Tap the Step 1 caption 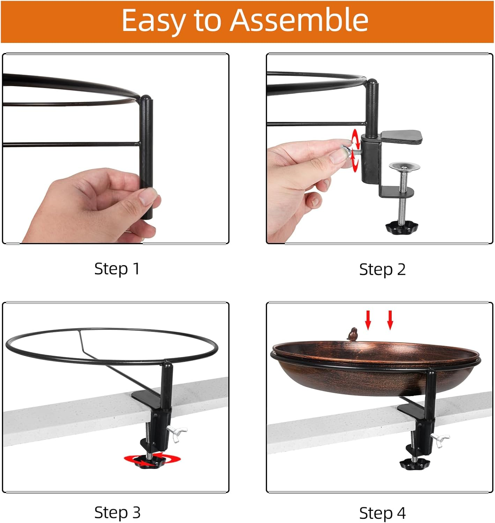[117, 269]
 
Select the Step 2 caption [382, 269]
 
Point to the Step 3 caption [117, 512]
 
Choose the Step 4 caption [382, 513]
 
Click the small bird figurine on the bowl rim [352, 334]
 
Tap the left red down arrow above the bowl [368, 320]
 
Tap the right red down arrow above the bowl [390, 320]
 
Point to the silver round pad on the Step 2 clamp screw [404, 166]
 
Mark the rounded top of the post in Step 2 [372, 83]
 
